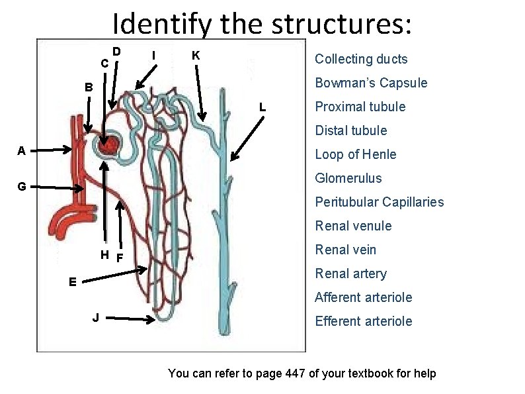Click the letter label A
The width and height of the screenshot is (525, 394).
pyautogui.click(x=22, y=150)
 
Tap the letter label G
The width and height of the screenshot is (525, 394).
pyautogui.click(x=22, y=187)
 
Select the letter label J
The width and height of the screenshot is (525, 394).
pyautogui.click(x=96, y=318)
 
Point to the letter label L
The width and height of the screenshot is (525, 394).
pyautogui.click(x=262, y=107)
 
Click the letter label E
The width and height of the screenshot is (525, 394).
pyautogui.click(x=73, y=281)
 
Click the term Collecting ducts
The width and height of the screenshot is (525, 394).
pyautogui.click(x=361, y=59)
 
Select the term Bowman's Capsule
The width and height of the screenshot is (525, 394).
pyautogui.click(x=371, y=83)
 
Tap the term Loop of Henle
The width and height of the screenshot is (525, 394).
pyautogui.click(x=356, y=154)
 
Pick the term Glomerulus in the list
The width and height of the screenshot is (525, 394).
pyautogui.click(x=348, y=178)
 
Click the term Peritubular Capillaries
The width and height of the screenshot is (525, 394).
pyautogui.click(x=380, y=202)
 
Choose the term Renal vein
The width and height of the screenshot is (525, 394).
pyautogui.click(x=346, y=250)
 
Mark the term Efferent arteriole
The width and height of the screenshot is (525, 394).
pyautogui.click(x=364, y=321)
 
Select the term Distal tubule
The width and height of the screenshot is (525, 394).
pyautogui.click(x=351, y=130)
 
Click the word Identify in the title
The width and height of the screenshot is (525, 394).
pyautogui.click(x=159, y=25)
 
